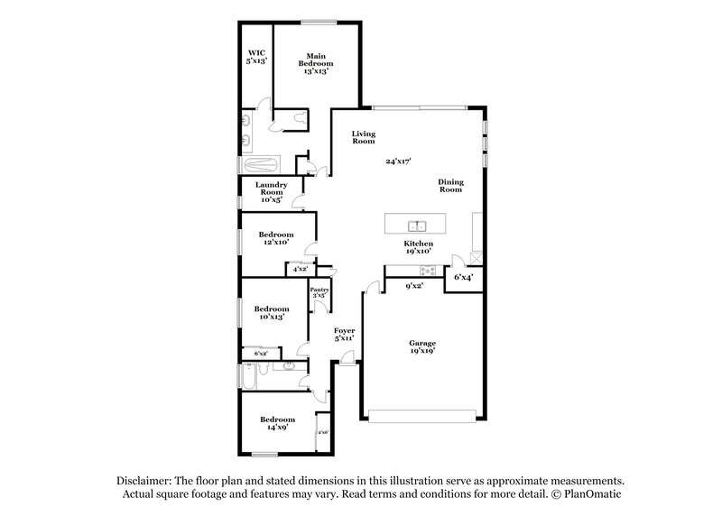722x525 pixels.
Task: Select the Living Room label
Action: (363, 137)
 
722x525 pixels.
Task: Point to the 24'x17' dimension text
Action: (398, 161)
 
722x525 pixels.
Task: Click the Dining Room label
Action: (450, 185)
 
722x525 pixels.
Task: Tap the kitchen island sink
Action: (417, 226)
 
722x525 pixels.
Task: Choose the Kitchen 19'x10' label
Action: (418, 248)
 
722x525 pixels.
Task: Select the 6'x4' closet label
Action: (463, 277)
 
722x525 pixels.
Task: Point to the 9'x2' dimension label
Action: (414, 285)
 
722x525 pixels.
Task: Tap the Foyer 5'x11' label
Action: (345, 335)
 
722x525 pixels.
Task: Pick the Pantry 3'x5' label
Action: (319, 292)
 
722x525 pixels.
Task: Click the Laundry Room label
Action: (271, 192)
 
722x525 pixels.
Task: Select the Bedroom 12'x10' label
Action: (277, 238)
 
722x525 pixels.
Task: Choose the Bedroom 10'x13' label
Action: (270, 312)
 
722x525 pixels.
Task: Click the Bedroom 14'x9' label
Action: (277, 423)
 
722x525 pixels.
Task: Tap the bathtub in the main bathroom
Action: (260, 165)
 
